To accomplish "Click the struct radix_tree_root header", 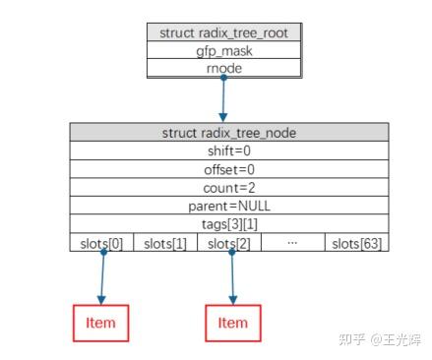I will click(225, 32).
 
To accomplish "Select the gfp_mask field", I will click(225, 50).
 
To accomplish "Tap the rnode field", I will click(225, 68).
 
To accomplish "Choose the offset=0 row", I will click(228, 170).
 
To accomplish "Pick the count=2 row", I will click(228, 188).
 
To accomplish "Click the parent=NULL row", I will click(228, 207).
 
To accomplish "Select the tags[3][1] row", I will click(228, 224).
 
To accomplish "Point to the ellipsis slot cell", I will click(292, 243).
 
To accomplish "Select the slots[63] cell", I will click(356, 243).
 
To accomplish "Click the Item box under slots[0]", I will click(100, 323).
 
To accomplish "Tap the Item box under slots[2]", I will click(232, 323).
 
